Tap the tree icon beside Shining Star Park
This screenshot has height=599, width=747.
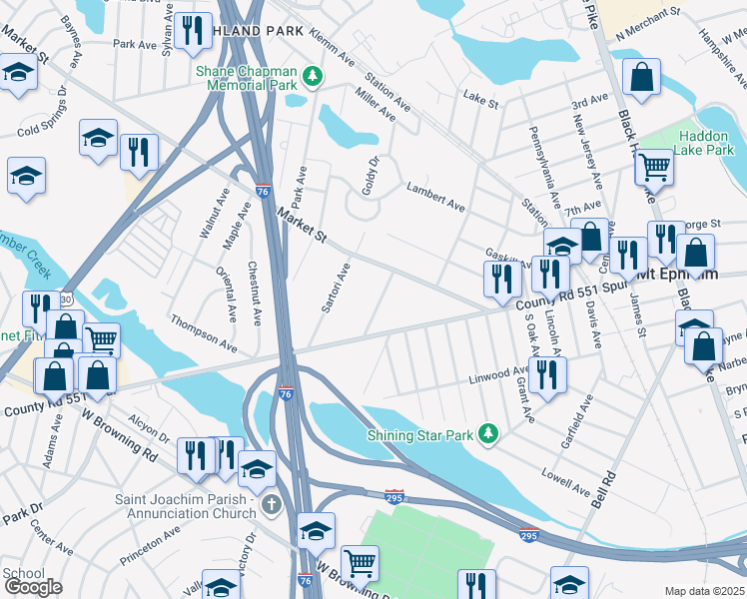(488, 433)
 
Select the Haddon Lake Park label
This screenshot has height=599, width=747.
(705, 143)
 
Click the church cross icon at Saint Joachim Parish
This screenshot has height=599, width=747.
(272, 503)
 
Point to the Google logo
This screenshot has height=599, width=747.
(33, 587)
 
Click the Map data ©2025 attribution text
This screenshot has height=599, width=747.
(705, 591)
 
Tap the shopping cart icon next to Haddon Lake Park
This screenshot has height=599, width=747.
(654, 167)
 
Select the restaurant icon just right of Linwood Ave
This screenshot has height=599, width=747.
(546, 374)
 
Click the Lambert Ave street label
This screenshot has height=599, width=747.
(435, 198)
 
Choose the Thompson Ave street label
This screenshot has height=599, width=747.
(204, 333)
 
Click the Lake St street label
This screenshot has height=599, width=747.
(480, 96)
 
